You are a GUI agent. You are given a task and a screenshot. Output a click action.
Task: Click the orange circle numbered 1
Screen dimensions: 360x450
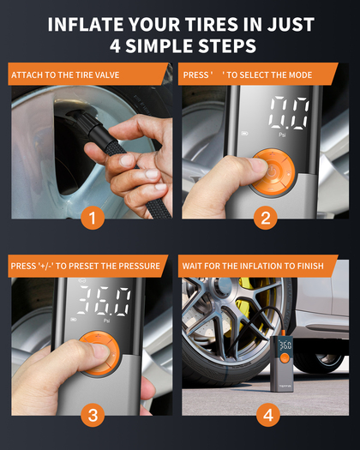(x=93, y=218)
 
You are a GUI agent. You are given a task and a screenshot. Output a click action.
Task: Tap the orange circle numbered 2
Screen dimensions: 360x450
(x=266, y=218)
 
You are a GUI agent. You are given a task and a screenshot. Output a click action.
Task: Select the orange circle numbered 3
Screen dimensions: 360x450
(x=93, y=415)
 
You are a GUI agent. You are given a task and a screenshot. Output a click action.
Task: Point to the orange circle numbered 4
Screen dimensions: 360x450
(x=267, y=415)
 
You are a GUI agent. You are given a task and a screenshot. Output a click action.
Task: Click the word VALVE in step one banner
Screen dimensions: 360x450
(x=107, y=75)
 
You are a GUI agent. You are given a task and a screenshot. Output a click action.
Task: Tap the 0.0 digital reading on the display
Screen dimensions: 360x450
(x=289, y=113)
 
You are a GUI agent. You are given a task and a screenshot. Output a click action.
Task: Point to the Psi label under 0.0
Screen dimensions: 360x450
(x=282, y=135)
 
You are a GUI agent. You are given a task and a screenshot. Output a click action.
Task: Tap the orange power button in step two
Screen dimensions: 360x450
(x=273, y=172)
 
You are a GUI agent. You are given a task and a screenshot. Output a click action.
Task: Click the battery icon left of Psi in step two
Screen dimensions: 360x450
(x=244, y=133)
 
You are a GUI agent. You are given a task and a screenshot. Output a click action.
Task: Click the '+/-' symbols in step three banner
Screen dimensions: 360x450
(x=45, y=266)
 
